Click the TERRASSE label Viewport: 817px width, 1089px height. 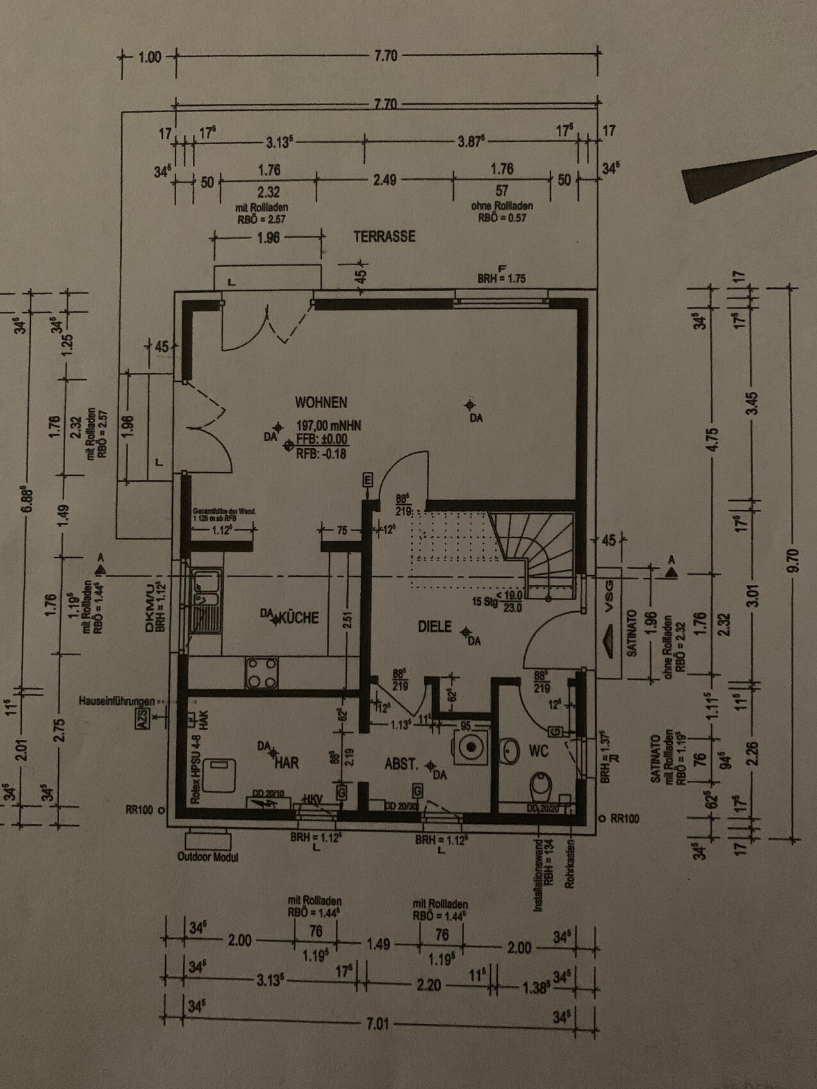coord(384,236)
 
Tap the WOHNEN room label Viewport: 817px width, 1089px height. coord(321,402)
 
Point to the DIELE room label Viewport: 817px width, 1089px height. coord(435,626)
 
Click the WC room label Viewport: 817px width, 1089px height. coord(539,751)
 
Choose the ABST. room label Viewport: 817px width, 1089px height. coord(402,764)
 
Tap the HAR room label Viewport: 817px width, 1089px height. coord(287,763)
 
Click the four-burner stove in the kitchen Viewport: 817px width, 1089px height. coord(262,673)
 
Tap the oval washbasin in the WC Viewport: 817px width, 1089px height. coord(511,751)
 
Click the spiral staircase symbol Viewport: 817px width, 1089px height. coord(538,544)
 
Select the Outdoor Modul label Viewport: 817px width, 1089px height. coord(208,857)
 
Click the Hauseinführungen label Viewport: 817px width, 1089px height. coord(116,701)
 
